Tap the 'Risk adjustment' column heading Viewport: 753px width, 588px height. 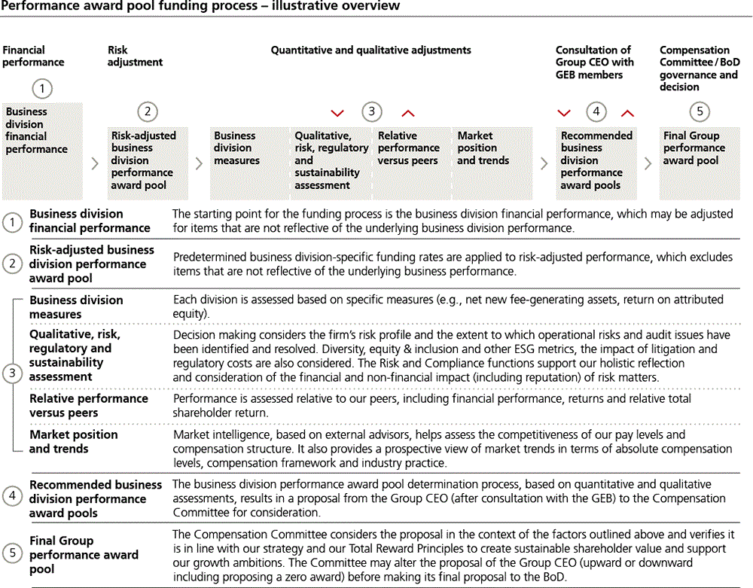[135, 56]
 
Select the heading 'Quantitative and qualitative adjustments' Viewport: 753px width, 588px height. [370, 50]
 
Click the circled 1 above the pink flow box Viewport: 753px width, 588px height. [42, 89]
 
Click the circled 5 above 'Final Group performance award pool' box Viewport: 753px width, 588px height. [700, 112]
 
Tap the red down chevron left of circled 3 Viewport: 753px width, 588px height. [337, 113]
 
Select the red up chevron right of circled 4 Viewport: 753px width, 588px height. [627, 113]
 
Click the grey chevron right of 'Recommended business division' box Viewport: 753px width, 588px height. [647, 163]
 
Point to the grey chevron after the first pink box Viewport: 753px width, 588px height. [94, 163]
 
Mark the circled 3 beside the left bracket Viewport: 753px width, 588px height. [12, 373]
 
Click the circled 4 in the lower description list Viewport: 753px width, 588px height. [12, 496]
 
